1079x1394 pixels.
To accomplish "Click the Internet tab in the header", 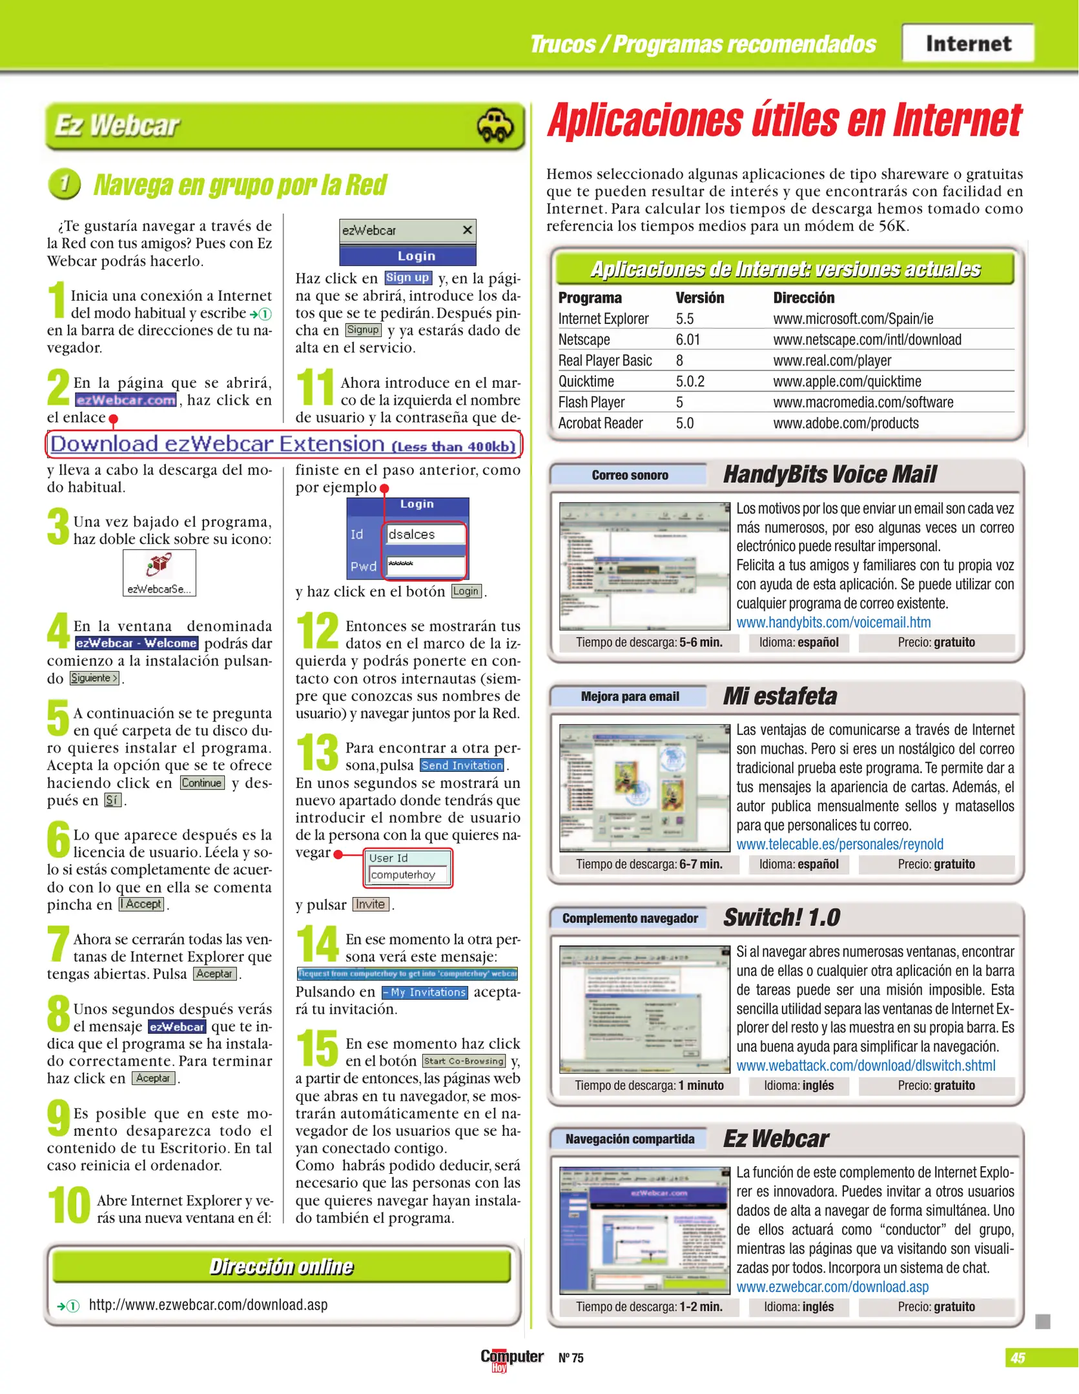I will point(967,43).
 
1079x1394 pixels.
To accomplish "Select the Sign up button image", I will point(407,278).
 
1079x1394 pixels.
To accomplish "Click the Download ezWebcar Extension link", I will point(283,445).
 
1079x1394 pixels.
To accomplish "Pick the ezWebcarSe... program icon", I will point(159,572).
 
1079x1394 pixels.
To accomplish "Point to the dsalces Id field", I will point(425,534).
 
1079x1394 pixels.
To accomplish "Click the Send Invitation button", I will point(462,765).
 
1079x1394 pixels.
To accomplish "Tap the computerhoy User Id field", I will point(408,875).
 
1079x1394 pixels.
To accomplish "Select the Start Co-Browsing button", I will point(464,1061).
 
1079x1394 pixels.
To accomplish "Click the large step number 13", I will point(317,753).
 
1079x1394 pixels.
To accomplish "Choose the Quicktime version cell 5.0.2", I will point(690,381).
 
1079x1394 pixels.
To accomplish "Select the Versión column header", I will point(699,298).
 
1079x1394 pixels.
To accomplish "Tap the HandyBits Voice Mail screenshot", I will point(644,566).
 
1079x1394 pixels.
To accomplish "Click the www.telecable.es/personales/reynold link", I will point(839,844).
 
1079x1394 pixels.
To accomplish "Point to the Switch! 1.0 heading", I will point(781,917).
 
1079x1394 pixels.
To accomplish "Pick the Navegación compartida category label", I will point(630,1139).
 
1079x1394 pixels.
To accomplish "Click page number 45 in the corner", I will point(1018,1358).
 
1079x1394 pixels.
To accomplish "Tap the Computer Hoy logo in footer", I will point(511,1358).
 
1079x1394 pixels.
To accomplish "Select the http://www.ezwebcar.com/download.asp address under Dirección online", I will point(208,1305).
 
